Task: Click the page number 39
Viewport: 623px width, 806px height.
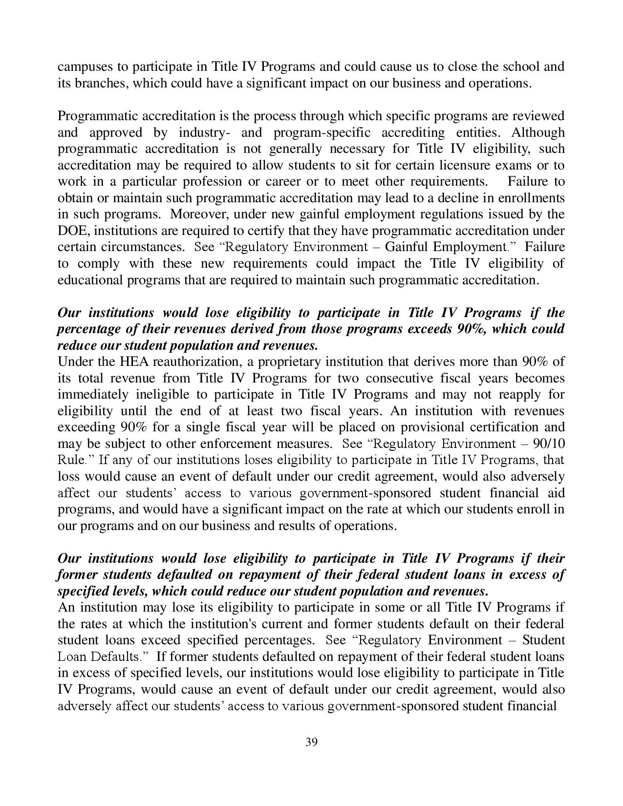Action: [x=311, y=742]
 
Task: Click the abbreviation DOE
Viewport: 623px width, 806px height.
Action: [x=71, y=231]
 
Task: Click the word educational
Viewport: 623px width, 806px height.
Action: [x=90, y=280]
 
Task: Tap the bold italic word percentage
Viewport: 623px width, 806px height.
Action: [x=88, y=329]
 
